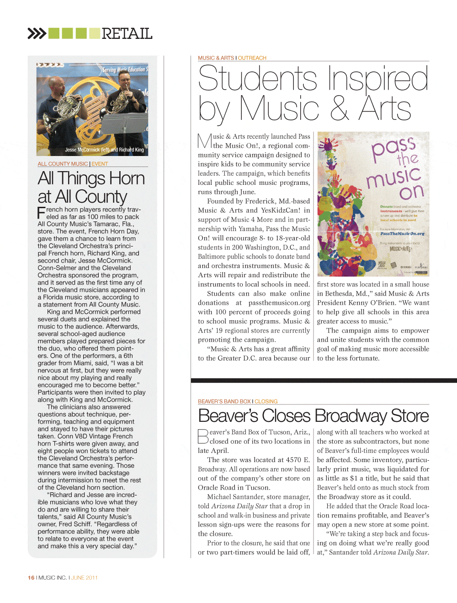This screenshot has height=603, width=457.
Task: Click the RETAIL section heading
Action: [127, 33]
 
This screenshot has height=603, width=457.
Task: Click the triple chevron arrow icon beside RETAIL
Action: [37, 33]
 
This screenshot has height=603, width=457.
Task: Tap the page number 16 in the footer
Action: [31, 577]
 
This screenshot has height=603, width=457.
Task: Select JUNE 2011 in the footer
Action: [85, 577]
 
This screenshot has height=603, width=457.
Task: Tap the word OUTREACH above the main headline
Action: [252, 58]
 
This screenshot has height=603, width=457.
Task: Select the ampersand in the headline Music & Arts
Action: [339, 109]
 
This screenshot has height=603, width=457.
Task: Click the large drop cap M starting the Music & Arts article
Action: [204, 141]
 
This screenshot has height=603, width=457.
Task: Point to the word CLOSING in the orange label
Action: [266, 401]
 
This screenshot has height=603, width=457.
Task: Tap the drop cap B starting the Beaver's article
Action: [203, 436]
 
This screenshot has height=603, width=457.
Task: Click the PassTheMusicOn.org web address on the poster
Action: [402, 233]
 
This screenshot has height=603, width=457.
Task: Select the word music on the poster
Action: [393, 177]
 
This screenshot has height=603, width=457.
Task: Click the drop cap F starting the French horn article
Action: [42, 212]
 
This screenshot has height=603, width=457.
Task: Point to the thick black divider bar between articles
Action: [324, 380]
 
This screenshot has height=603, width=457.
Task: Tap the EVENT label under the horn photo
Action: [100, 164]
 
